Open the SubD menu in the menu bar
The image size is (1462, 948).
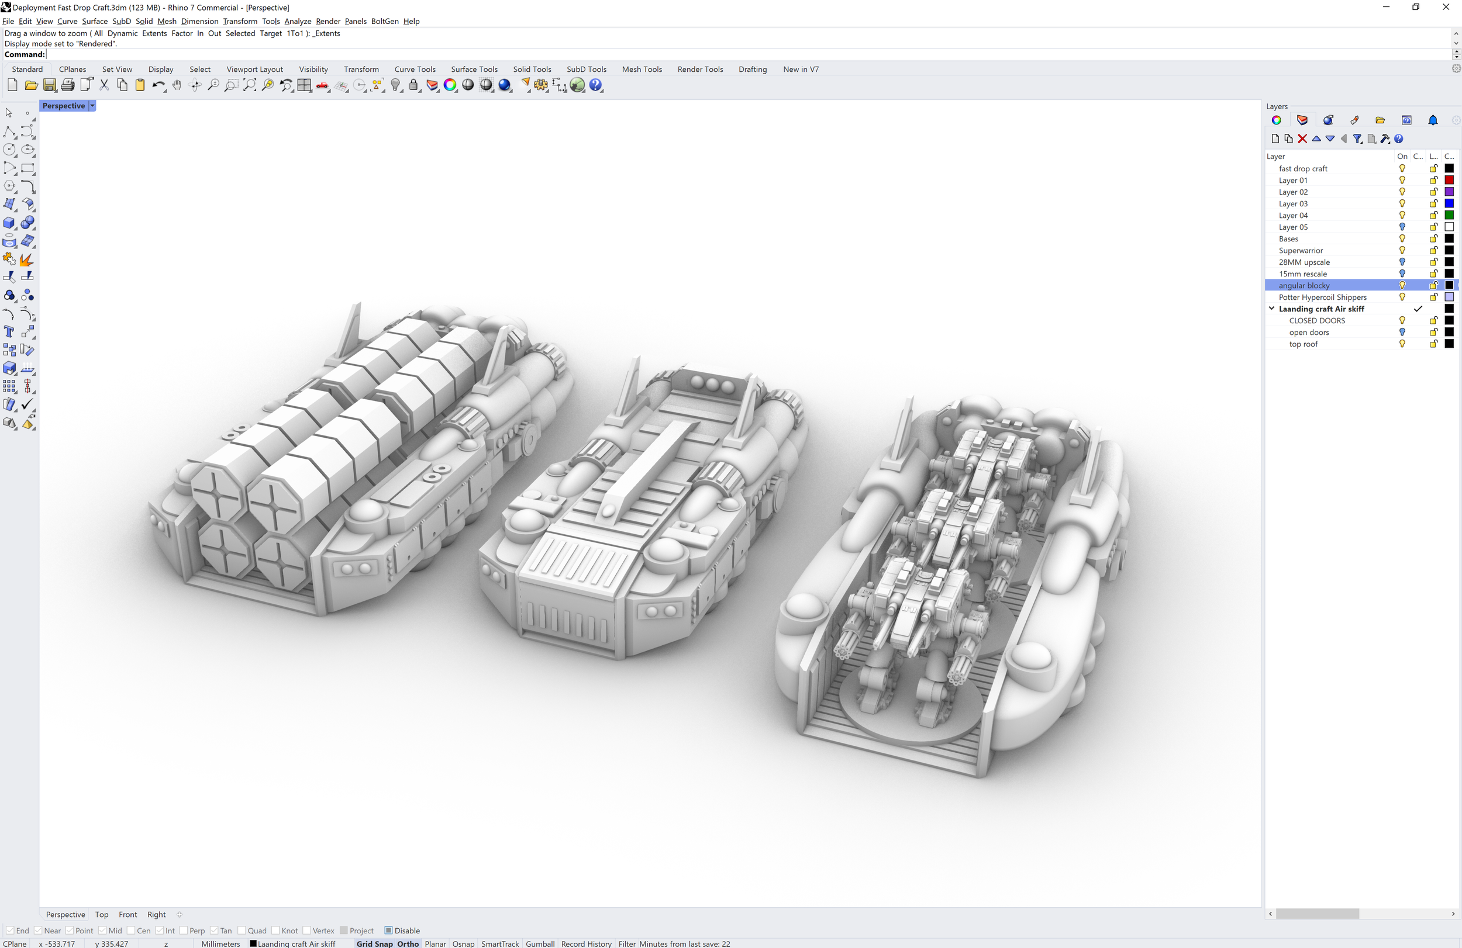(x=121, y=21)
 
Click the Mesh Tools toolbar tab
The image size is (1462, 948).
(x=642, y=69)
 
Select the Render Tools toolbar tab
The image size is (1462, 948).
(x=699, y=69)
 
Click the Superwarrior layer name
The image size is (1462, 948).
(x=1301, y=251)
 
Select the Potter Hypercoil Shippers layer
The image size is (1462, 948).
(x=1322, y=297)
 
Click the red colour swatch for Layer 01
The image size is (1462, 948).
(x=1449, y=180)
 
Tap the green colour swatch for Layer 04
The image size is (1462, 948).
(x=1449, y=215)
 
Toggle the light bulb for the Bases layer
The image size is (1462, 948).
(x=1402, y=238)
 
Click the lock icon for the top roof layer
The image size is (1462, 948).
(x=1433, y=344)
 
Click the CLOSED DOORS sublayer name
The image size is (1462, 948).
(x=1316, y=320)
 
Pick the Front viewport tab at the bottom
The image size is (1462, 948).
(x=127, y=914)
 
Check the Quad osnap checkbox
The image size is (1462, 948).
(x=242, y=930)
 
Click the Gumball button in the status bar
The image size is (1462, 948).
(x=540, y=944)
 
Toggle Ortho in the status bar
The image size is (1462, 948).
(x=408, y=944)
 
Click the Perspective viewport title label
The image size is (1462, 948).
(x=63, y=106)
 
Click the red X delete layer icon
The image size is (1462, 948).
(x=1302, y=139)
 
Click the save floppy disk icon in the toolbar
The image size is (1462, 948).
(x=50, y=85)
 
